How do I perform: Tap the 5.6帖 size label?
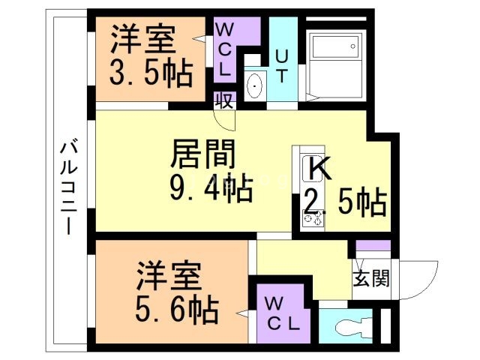coord(177,307)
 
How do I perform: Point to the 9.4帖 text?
coord(210,187)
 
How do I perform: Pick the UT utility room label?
coord(283,56)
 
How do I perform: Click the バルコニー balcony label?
coord(67,187)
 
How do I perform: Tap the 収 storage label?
coord(223,100)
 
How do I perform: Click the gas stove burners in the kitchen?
coord(310,219)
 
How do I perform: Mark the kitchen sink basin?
coord(309,169)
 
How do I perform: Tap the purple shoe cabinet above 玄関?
coord(373,247)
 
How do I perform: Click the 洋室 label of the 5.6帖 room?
coord(169,277)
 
